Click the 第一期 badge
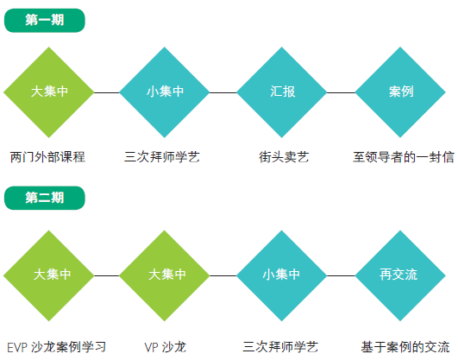(44, 20)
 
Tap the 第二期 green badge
(44, 198)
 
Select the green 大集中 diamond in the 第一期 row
(49, 92)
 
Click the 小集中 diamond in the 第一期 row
(165, 92)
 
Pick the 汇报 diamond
(281, 92)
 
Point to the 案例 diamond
(400, 92)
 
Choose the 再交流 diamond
(400, 275)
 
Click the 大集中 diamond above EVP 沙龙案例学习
(49, 275)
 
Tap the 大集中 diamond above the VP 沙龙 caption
(165, 275)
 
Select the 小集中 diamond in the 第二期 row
(281, 275)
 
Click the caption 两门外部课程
(47, 157)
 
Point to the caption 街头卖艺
(284, 157)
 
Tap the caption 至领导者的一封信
(404, 157)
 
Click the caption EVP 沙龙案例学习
(56, 347)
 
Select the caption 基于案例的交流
(405, 347)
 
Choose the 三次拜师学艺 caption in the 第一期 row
(162, 157)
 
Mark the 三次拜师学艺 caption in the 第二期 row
(280, 347)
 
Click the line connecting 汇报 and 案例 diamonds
(341, 92)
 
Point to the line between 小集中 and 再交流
(341, 275)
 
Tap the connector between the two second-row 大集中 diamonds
(107, 275)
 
